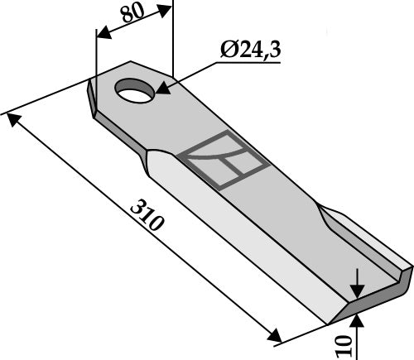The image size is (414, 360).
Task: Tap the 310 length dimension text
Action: pos(152,218)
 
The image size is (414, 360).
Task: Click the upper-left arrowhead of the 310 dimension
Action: pos(12,118)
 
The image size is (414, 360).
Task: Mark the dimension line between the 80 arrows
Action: pos(134,22)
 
